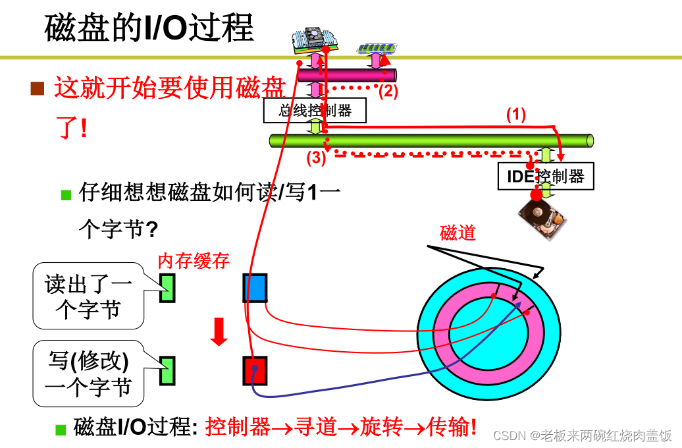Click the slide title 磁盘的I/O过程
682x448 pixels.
[x=149, y=29]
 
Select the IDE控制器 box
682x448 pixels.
[x=546, y=176]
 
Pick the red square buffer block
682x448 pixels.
[x=254, y=370]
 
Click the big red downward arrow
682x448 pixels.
[x=219, y=331]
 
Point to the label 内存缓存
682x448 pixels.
[x=194, y=261]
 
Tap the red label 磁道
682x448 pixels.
[x=458, y=233]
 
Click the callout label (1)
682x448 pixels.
[x=516, y=114]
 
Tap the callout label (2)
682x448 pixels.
[x=388, y=91]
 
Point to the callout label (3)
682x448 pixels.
[x=316, y=157]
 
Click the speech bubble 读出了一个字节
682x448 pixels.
[x=88, y=296]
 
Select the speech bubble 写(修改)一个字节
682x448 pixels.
[x=88, y=373]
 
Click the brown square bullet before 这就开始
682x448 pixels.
[x=38, y=88]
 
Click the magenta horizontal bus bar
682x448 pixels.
[x=342, y=74]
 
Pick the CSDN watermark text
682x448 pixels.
[x=582, y=435]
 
